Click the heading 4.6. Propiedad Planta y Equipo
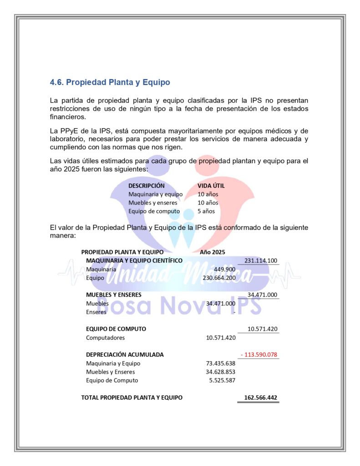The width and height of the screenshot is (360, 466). point(110,82)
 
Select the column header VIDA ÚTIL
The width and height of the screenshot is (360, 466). point(211,186)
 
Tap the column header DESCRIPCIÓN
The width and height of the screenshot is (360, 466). point(146,186)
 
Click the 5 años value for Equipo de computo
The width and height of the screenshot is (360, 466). point(206,211)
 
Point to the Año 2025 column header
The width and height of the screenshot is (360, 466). point(213,252)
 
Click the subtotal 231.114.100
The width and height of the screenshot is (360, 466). point(261,260)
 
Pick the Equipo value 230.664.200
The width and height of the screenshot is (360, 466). point(219,278)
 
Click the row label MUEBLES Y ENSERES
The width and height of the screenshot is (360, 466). point(114,294)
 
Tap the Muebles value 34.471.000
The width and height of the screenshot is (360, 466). point(220,303)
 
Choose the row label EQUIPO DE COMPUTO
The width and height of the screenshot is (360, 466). point(116,329)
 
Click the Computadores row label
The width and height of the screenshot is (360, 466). point(105,338)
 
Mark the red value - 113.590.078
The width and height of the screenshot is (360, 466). point(259,355)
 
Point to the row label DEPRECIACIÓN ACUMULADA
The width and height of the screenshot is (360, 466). point(125,355)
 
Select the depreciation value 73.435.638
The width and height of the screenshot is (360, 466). point(220,363)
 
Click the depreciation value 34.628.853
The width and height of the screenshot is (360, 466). point(220,372)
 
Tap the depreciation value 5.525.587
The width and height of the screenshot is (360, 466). point(222,380)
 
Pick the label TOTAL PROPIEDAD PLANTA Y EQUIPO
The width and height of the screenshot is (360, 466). point(132,397)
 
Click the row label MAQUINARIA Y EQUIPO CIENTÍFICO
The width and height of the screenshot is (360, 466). point(134,260)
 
